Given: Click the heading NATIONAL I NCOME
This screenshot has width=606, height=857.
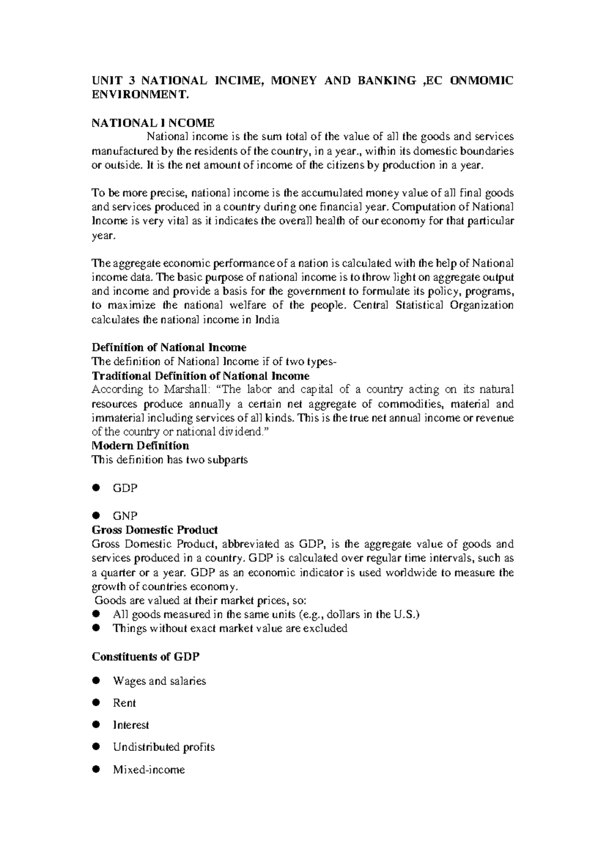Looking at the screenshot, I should pos(153,123).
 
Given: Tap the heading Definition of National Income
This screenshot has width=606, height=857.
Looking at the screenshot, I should pos(169,348).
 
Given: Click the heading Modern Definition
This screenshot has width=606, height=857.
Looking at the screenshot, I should pos(140,446).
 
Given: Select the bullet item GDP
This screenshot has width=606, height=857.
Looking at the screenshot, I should pos(125,488).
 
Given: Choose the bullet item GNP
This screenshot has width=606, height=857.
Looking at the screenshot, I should pos(125,516).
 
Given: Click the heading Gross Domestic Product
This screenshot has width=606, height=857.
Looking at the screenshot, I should pos(155,530).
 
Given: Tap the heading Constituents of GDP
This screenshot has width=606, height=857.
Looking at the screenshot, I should pos(145,657).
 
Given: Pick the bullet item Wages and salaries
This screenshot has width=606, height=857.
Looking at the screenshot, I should pos(160,681).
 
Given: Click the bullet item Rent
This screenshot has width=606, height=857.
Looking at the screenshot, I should pos(124,703).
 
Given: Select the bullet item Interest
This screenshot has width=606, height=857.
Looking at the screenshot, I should pos(131,725).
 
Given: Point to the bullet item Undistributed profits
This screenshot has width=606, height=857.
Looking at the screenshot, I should pos(164,747).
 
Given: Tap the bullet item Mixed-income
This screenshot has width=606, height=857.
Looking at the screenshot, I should pos(149,770).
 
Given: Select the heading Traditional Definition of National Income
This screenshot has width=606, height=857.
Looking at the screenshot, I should pos(200,376).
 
